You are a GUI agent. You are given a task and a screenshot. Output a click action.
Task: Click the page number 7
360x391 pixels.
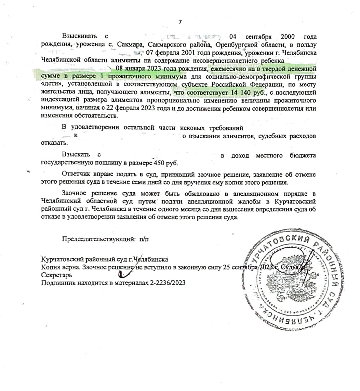pos(180,22)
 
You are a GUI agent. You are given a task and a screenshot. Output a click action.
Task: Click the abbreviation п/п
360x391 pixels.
pos(144,239)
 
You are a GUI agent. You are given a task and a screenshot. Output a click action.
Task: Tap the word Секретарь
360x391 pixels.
pos(56,275)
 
